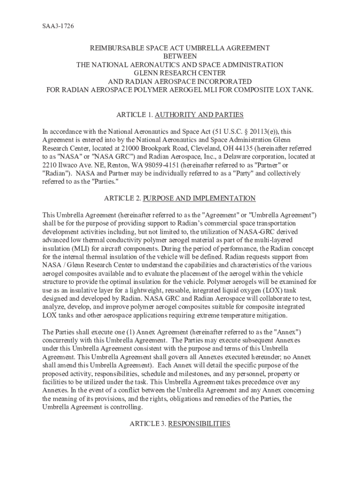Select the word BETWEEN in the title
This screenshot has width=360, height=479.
coord(180,56)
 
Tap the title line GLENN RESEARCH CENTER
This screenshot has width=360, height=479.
coord(180,73)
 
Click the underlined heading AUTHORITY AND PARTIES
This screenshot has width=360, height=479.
coord(199,115)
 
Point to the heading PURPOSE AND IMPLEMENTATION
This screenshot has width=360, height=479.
coord(199,198)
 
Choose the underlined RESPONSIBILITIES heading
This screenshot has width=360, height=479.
coord(199,424)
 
